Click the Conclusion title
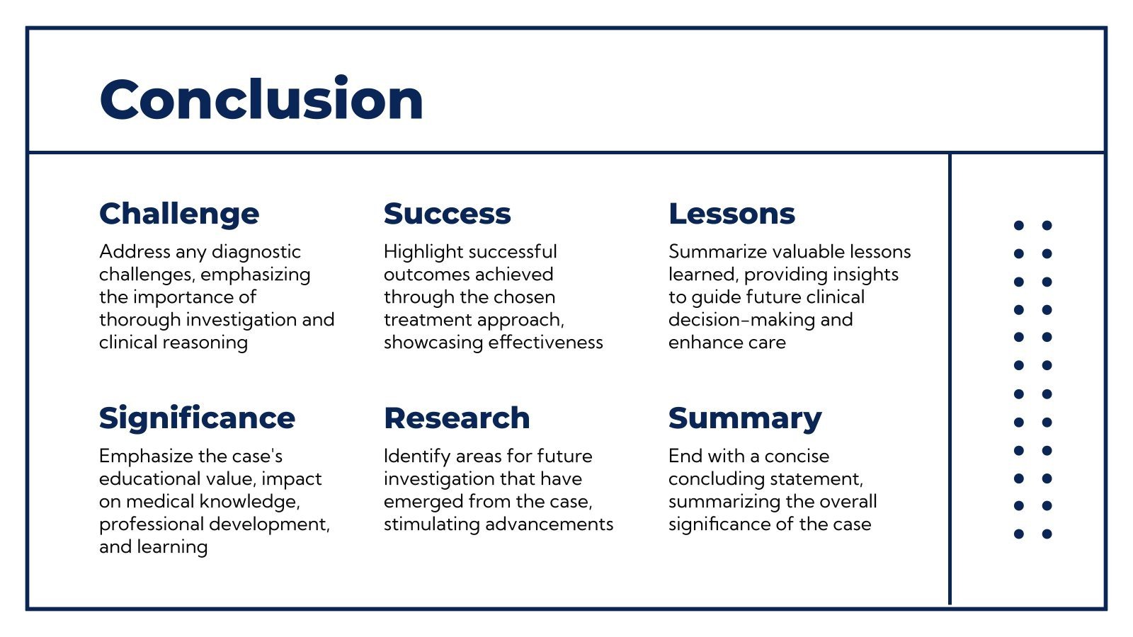[261, 98]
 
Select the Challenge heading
[179, 214]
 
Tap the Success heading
[447, 214]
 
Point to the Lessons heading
[731, 214]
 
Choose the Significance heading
[197, 419]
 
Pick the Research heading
[457, 418]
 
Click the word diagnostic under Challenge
[256, 252]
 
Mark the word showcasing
[433, 343]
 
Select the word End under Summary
[685, 457]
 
